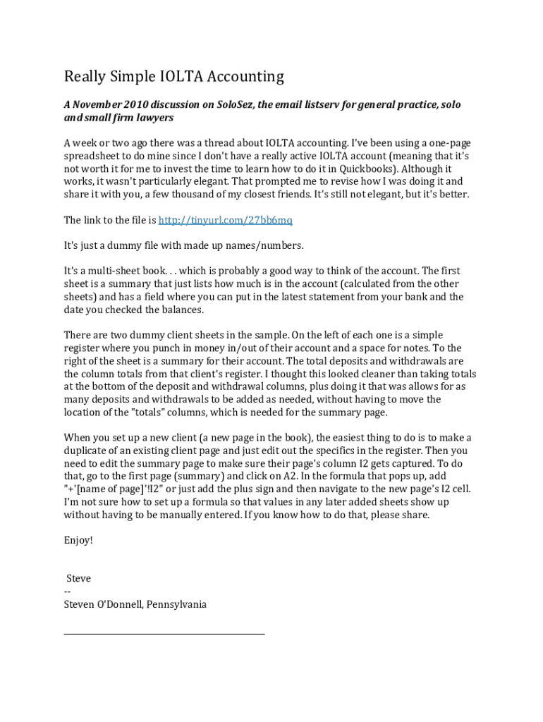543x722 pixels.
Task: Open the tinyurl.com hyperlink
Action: tap(225, 220)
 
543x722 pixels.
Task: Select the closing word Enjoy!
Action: tap(78, 540)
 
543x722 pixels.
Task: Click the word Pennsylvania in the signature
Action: tap(176, 604)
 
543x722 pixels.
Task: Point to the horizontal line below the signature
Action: tap(164, 634)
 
